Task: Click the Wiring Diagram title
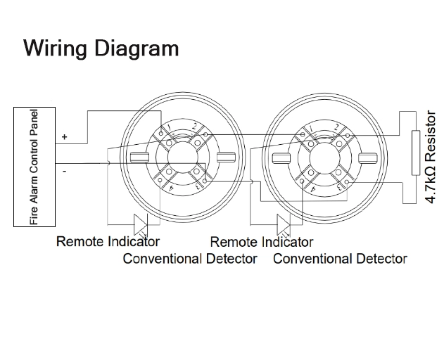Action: (101, 49)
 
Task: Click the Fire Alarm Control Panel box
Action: (35, 167)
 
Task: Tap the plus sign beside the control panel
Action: (65, 137)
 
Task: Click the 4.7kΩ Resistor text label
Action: (431, 158)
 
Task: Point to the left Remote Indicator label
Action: (108, 242)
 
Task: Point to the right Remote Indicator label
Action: (262, 242)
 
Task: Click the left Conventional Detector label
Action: (190, 259)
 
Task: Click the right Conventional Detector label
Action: (340, 259)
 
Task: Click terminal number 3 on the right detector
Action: (341, 187)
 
